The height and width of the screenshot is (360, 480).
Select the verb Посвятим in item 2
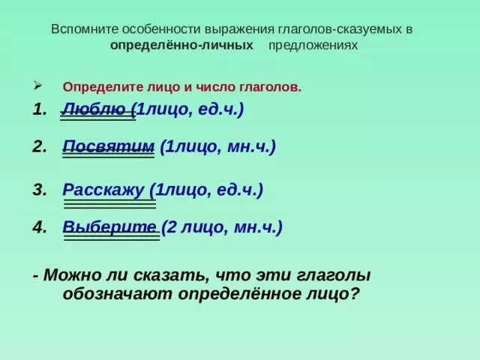(109, 146)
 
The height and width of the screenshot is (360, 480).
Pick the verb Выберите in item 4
(109, 227)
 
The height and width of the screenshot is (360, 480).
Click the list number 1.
(38, 109)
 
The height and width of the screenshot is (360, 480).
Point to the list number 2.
(38, 146)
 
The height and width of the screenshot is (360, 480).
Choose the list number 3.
(38, 190)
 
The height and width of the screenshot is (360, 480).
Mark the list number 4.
(38, 227)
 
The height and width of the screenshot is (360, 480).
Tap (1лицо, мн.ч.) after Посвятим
(218, 146)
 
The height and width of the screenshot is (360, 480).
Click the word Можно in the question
(70, 275)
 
